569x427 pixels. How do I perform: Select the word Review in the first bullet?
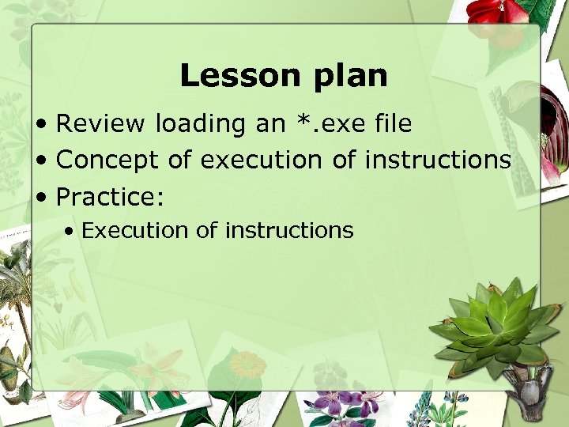click(101, 124)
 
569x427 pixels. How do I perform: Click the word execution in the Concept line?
click(261, 160)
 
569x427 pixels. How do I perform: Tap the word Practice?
click(107, 195)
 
